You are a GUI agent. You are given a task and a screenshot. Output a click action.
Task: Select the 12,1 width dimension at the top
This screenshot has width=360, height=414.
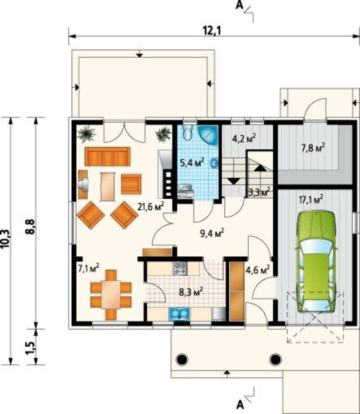pos(212,31)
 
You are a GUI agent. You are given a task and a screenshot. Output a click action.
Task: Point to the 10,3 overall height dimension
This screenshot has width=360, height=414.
pos(6,239)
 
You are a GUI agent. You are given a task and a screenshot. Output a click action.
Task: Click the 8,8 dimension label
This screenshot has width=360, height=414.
pos(31,227)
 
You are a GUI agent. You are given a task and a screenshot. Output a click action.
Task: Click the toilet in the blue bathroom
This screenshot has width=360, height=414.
pos(188,132)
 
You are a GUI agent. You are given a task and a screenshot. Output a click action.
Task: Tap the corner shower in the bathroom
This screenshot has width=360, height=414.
pos(208,136)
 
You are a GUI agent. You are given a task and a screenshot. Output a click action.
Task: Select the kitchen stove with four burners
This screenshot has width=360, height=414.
pos(180,269)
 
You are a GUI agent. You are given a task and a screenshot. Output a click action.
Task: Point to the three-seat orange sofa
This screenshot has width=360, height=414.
pos(107,156)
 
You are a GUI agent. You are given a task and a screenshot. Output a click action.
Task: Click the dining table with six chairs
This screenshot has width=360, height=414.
pos(111,295)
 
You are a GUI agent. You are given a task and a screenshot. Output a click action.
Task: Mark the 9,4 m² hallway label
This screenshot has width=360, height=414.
pos(213,233)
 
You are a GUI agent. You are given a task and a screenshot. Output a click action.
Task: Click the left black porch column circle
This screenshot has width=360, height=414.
pos(183,359)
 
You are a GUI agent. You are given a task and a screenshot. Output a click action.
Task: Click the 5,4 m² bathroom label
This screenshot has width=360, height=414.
pos(192,162)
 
